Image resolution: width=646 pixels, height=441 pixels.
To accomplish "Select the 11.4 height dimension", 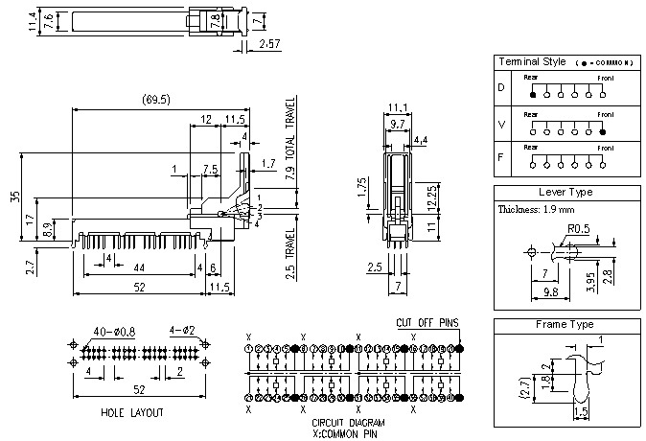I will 32,22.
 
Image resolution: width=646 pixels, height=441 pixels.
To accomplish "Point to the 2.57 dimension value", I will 269,45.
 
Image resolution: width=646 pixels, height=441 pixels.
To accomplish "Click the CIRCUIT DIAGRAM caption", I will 349,422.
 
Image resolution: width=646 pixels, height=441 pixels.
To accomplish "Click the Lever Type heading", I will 565,192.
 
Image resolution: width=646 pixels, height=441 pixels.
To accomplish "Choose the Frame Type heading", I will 565,324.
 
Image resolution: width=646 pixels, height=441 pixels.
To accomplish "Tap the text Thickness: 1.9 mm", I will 537,209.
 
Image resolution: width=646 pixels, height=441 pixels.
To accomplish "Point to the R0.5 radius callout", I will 578,228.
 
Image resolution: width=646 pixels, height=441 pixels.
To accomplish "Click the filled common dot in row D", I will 533,96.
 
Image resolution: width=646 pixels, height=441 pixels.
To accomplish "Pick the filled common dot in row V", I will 602,131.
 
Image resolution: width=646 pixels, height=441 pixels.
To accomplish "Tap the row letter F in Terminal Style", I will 500,157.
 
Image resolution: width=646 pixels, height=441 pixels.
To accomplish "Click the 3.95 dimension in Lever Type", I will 591,283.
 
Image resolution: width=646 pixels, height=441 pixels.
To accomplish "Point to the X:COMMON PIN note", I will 349,432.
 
